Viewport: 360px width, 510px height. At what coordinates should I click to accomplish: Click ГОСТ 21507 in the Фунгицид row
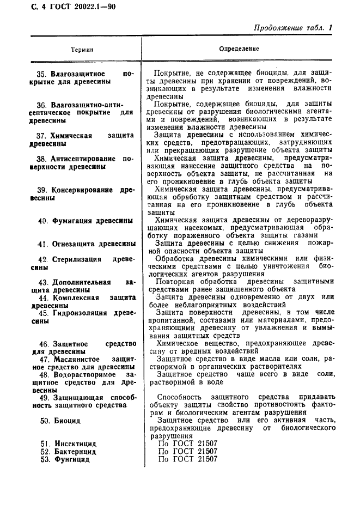tap(187, 459)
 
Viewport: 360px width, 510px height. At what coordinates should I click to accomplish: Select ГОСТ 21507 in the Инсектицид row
tap(187, 443)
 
